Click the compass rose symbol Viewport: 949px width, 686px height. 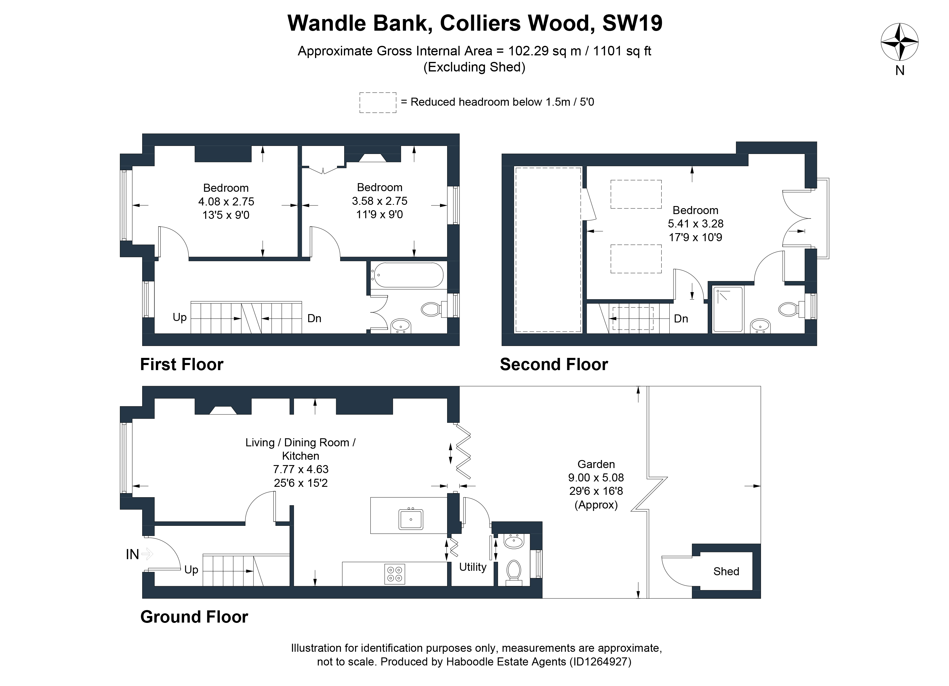900,42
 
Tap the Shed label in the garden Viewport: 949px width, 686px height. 726,571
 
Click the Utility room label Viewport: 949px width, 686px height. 473,567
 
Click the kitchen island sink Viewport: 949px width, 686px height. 411,519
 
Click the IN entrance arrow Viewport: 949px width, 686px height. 147,554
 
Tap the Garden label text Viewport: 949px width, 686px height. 596,464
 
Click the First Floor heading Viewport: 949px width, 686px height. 181,364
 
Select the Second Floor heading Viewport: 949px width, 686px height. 554,364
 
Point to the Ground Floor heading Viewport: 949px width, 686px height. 194,617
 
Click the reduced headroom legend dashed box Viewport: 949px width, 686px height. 378,103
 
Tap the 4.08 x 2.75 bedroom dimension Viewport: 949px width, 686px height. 226,202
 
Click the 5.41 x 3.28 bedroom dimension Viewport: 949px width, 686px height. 696,224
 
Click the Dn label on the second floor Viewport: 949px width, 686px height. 681,319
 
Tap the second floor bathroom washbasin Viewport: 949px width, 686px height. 760,325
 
